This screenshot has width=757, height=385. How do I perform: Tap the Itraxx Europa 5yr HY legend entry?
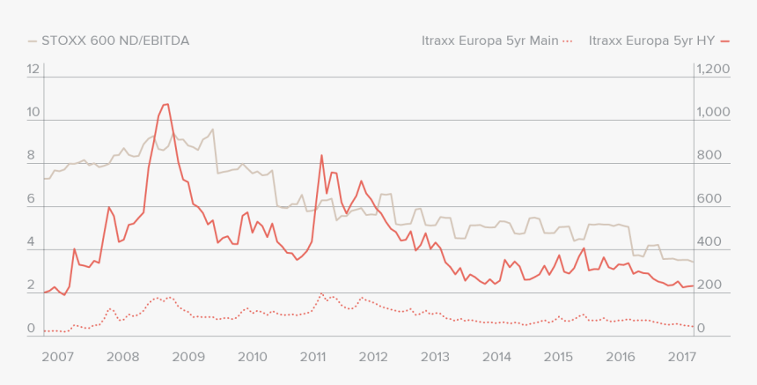651,41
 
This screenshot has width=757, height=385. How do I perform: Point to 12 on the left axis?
34,69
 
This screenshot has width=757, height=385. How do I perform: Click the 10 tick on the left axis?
34,112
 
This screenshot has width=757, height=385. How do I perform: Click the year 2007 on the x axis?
56,357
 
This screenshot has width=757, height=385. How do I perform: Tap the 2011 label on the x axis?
313,357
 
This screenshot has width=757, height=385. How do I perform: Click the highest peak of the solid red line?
165,104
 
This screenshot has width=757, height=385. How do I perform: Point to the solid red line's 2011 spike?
321,155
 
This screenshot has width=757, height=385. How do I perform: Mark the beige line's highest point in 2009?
212,130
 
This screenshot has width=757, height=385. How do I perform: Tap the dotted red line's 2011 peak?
321,293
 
